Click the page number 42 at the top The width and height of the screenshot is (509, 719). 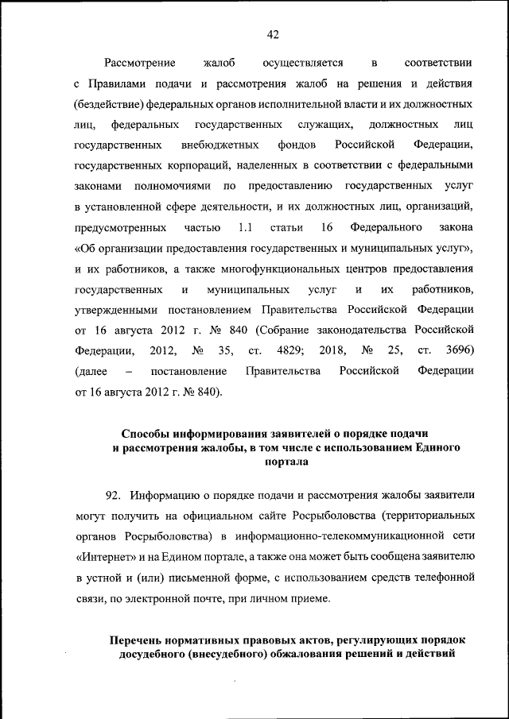point(273,33)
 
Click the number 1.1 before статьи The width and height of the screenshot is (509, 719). point(245,227)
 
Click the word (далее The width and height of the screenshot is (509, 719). point(89,371)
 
